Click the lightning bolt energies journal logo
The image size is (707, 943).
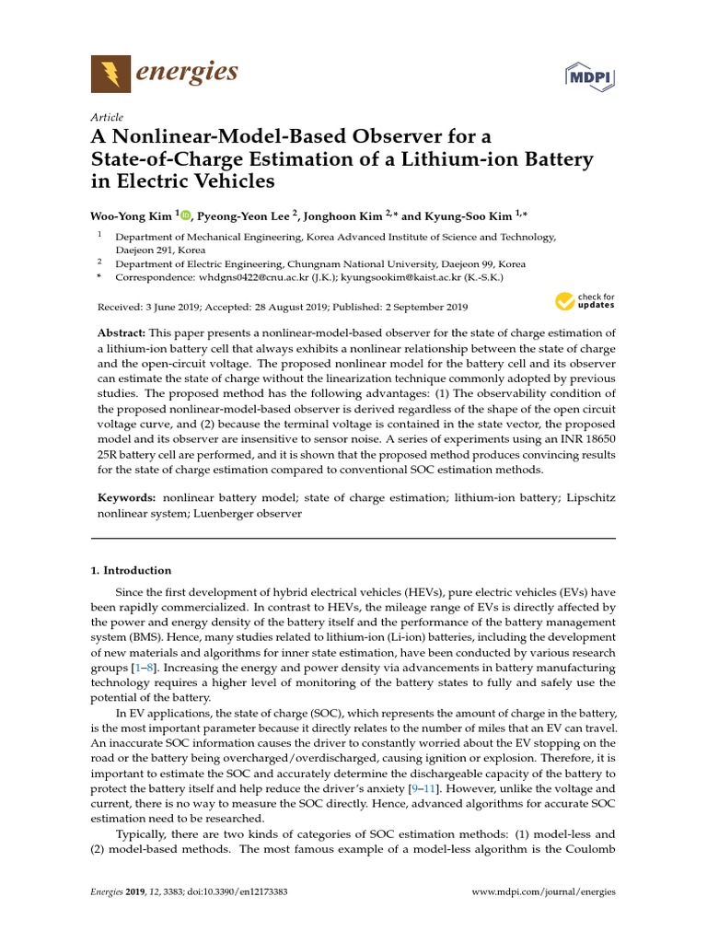(x=110, y=73)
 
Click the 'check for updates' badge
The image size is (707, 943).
(x=585, y=301)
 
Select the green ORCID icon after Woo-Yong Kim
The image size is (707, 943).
(x=186, y=215)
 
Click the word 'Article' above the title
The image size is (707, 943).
(x=107, y=118)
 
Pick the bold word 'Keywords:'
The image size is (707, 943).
(x=127, y=497)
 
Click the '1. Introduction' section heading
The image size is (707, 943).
(x=131, y=571)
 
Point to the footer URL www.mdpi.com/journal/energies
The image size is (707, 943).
(x=543, y=891)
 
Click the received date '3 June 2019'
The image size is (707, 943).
(x=170, y=307)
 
